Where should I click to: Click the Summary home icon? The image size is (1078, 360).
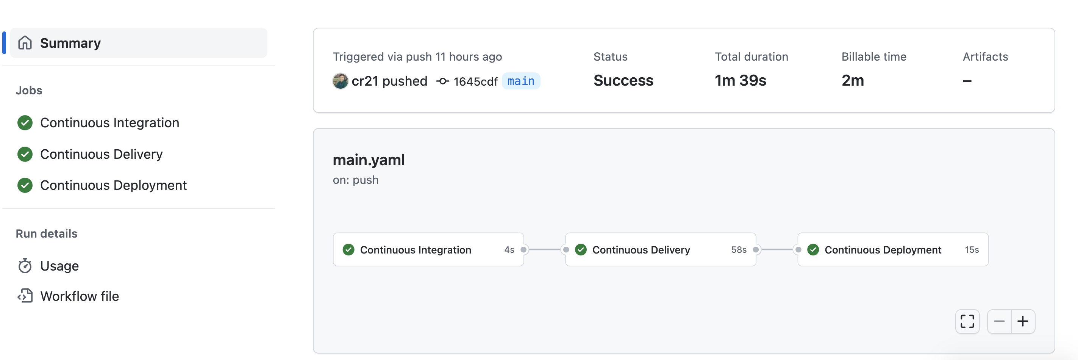(x=25, y=43)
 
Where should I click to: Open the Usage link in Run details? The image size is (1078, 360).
(x=59, y=266)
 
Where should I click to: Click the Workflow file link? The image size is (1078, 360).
(x=79, y=296)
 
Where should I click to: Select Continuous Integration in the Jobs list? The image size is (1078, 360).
(x=109, y=123)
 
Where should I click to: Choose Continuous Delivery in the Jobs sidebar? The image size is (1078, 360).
(x=101, y=154)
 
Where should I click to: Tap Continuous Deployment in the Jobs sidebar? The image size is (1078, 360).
(x=113, y=185)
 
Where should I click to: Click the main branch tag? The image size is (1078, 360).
(x=520, y=81)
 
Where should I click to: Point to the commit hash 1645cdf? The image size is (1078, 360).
(x=475, y=81)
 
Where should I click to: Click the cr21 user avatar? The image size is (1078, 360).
(x=340, y=81)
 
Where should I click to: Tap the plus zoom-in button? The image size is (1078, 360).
(x=1023, y=321)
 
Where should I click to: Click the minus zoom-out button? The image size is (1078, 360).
(x=999, y=321)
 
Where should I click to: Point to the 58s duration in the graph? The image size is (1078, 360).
(x=739, y=249)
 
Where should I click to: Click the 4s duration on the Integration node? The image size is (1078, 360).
(x=509, y=249)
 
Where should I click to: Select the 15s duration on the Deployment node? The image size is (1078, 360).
(x=971, y=249)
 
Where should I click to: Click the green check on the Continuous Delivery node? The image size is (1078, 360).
(x=580, y=249)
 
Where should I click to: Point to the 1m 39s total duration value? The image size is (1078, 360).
(x=740, y=80)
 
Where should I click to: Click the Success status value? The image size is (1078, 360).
(x=623, y=80)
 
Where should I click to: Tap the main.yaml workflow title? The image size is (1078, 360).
(x=369, y=160)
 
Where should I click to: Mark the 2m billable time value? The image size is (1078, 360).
(x=853, y=80)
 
